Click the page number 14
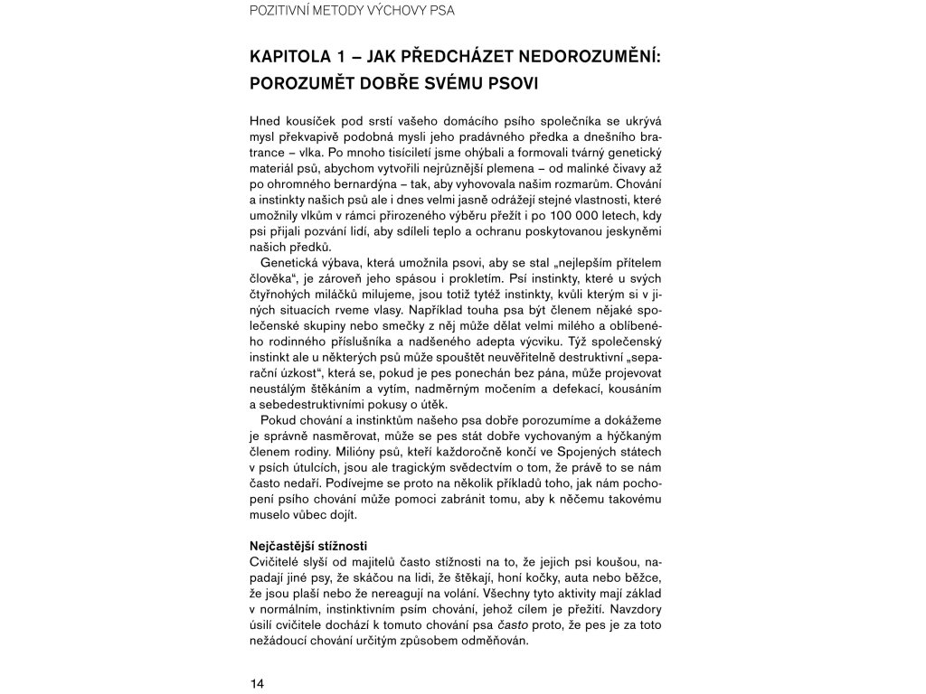coord(257,683)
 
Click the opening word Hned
coord(266,120)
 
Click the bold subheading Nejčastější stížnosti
coord(307,546)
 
